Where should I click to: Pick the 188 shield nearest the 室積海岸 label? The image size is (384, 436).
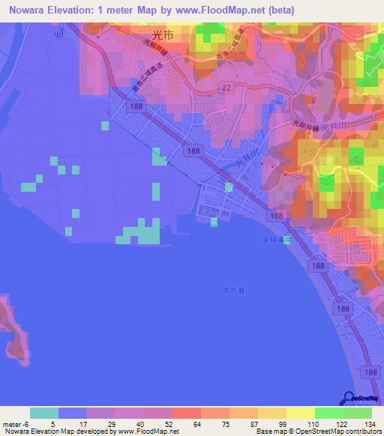pos(277,215)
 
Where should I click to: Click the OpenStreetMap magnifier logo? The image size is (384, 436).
pos(349,399)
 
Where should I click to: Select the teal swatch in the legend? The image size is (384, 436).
pos(44,413)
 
